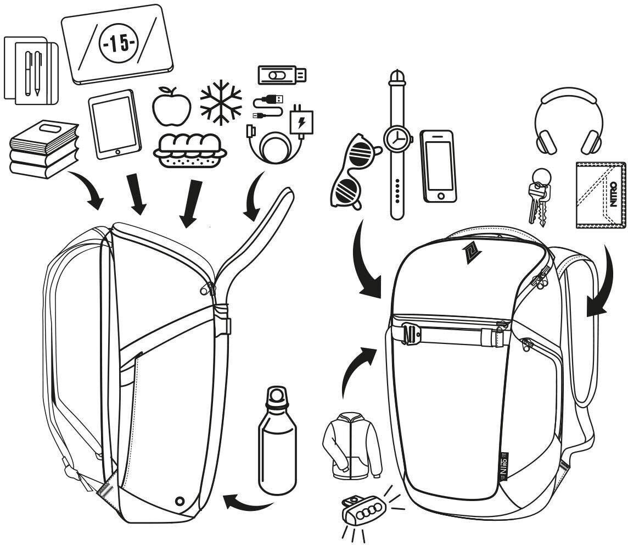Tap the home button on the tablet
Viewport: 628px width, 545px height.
tap(117, 151)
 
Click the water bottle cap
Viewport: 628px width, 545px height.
tap(276, 397)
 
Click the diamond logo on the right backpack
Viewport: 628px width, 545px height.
tap(469, 252)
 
